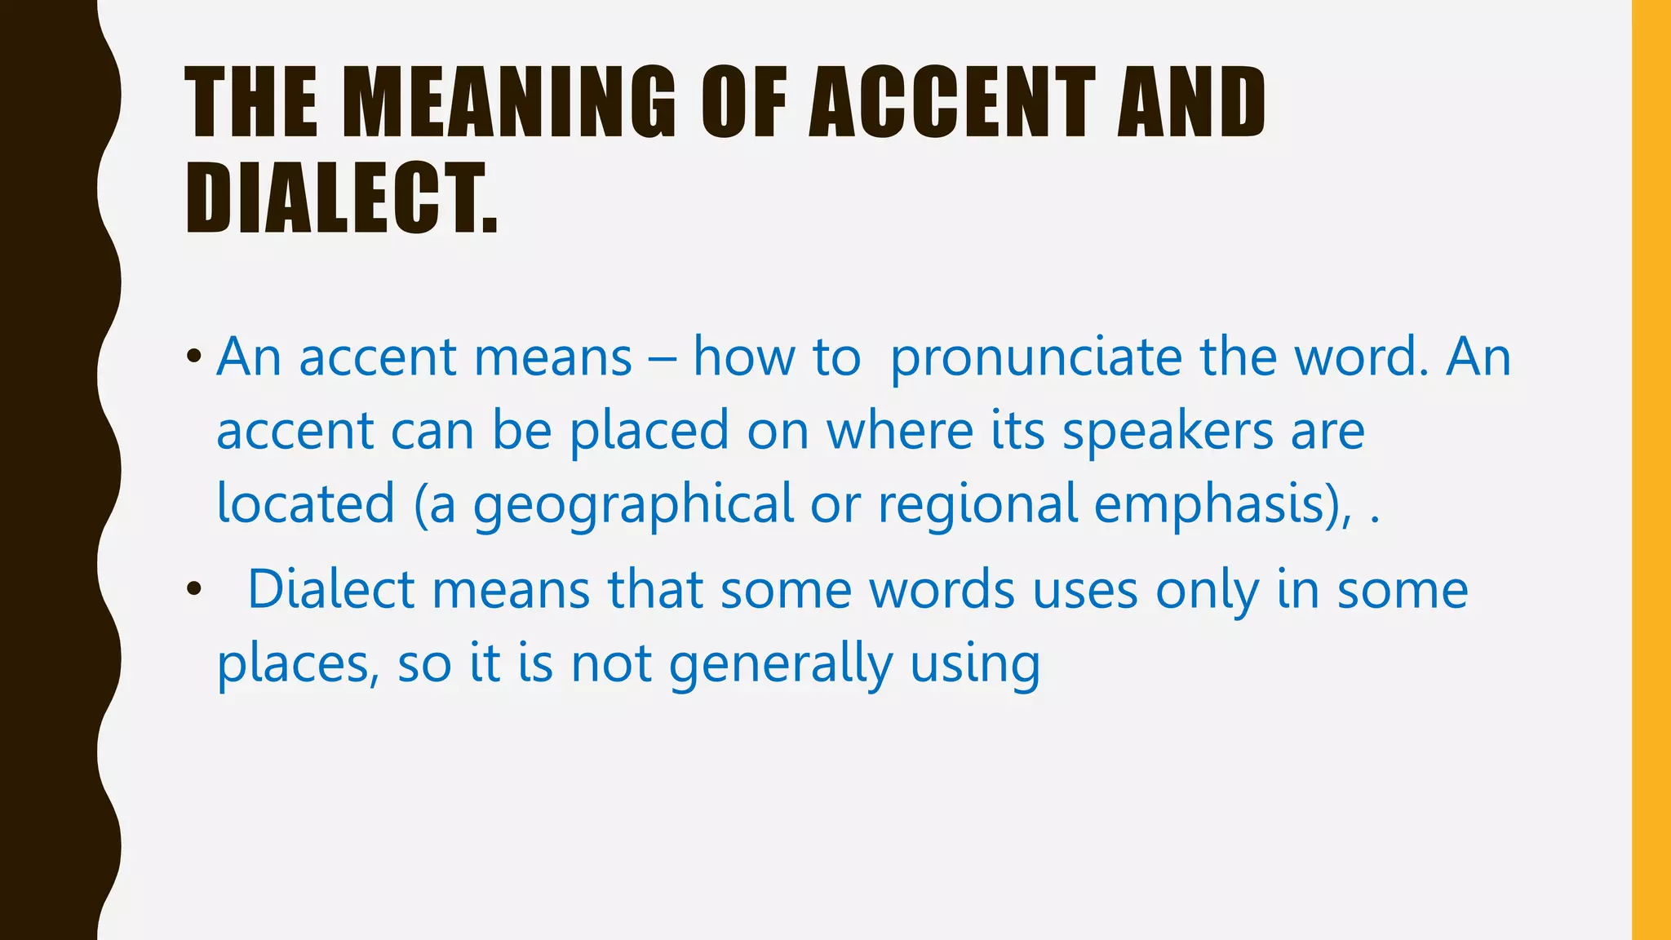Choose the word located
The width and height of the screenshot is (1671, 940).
pyautogui.click(x=306, y=503)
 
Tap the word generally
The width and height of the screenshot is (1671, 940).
pyautogui.click(x=781, y=664)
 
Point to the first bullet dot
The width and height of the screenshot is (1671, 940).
pyautogui.click(x=193, y=357)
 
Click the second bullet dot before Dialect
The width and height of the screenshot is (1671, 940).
pyautogui.click(x=193, y=589)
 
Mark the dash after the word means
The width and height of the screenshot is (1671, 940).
pyautogui.click(x=662, y=360)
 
